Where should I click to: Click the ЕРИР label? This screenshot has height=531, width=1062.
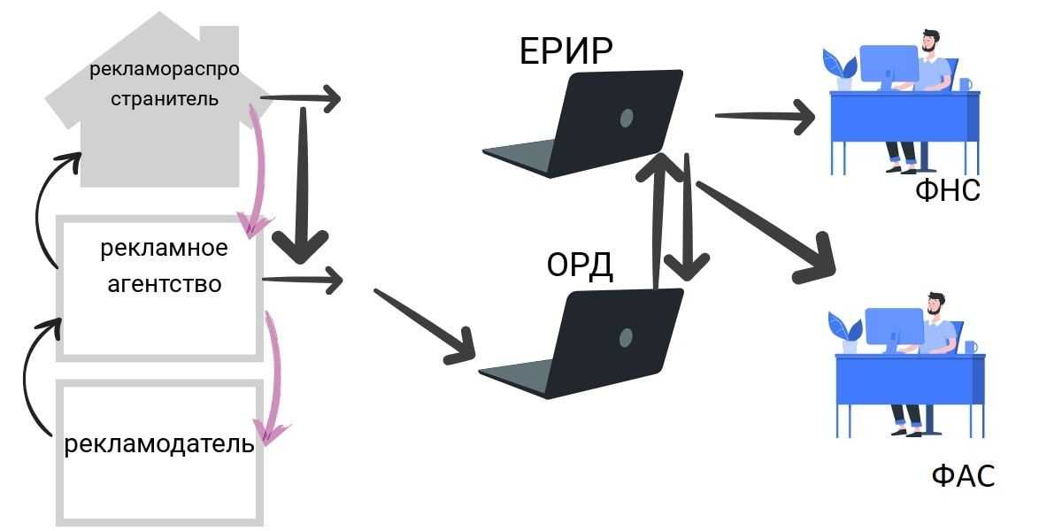tap(566, 51)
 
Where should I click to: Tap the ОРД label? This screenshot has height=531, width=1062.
tap(580, 265)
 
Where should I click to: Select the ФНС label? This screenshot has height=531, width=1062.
tap(948, 189)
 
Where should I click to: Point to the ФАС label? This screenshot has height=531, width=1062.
tap(963, 475)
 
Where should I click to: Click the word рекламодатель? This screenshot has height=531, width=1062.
tap(159, 442)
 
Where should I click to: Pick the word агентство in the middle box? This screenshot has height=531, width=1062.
tap(164, 284)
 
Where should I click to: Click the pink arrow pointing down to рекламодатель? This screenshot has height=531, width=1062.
tap(274, 372)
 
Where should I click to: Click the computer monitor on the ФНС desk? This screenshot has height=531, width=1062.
tap(888, 65)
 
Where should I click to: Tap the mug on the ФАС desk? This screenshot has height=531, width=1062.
tap(971, 347)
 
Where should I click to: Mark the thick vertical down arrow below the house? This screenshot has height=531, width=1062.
tap(303, 186)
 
